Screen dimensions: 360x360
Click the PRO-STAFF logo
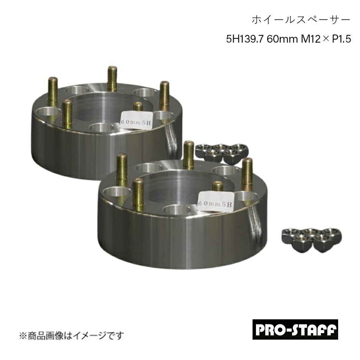pyautogui.click(x=295, y=329)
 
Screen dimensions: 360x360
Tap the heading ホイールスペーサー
pyautogui.click(x=301, y=20)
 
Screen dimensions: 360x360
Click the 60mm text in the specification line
pyautogui.click(x=282, y=39)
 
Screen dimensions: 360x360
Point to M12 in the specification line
pyautogui.click(x=310, y=39)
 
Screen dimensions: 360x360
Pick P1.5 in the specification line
pyautogui.click(x=342, y=39)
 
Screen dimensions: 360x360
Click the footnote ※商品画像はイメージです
pyautogui.click(x=71, y=336)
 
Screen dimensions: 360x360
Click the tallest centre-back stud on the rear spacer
pyautogui.click(x=112, y=79)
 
